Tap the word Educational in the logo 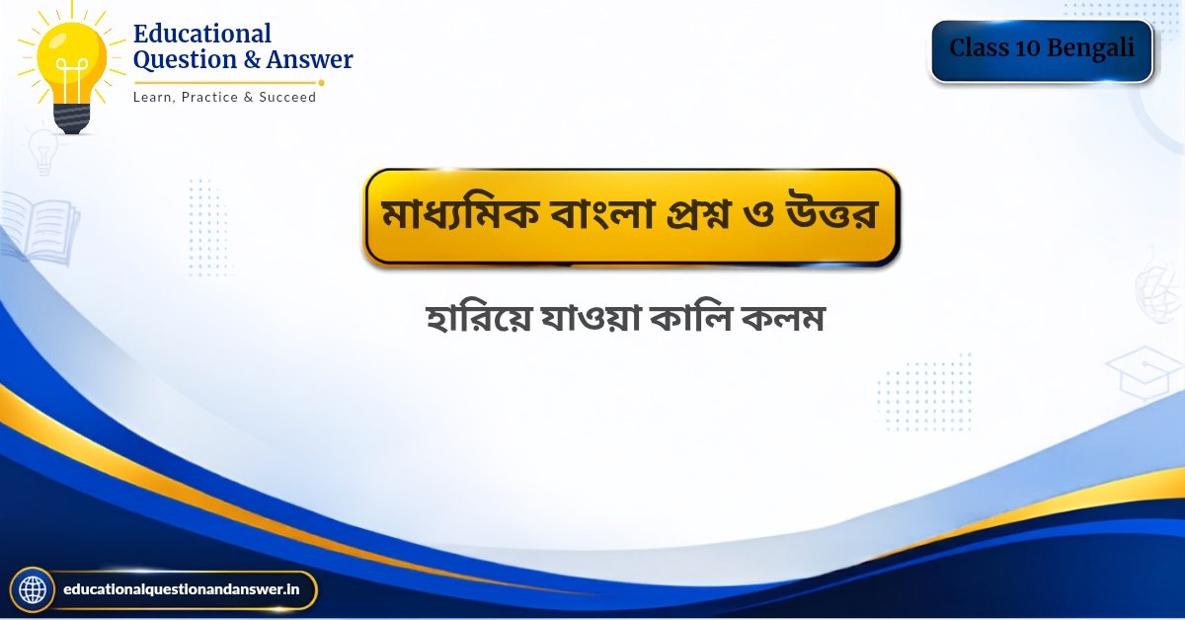click(x=202, y=34)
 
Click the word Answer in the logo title click(x=309, y=59)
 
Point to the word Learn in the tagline click(x=152, y=98)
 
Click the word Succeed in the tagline click(x=287, y=98)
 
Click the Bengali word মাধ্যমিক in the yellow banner click(x=459, y=215)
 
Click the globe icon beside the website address click(x=33, y=589)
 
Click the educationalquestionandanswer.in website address click(x=181, y=589)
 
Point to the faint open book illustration click(x=39, y=227)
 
